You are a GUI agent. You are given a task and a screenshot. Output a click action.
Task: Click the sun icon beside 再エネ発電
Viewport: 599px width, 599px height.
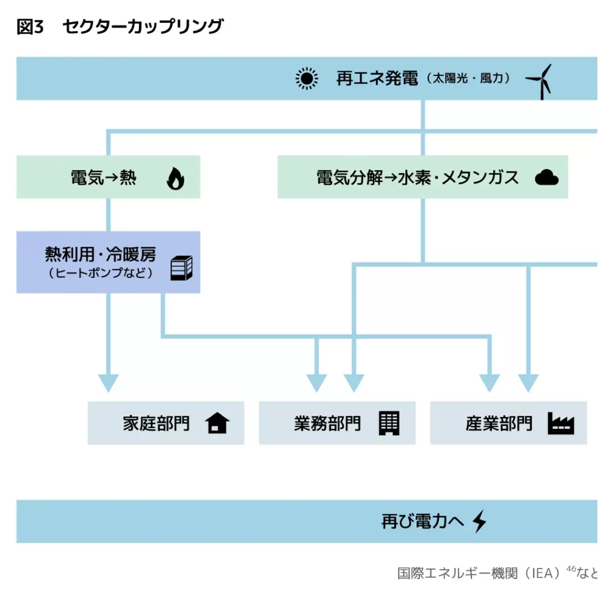(307, 78)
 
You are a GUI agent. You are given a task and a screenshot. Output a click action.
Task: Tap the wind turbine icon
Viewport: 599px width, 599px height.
(539, 81)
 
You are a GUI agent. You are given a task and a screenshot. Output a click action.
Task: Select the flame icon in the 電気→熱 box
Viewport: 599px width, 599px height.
(175, 178)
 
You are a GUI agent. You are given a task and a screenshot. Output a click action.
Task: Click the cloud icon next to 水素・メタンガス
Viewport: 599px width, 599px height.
(546, 177)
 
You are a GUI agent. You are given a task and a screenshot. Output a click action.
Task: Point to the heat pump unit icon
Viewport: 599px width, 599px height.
(181, 268)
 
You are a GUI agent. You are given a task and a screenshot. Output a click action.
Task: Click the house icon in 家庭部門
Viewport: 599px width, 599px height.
(218, 423)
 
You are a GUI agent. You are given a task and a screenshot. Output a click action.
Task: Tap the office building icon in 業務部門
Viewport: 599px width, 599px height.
(389, 423)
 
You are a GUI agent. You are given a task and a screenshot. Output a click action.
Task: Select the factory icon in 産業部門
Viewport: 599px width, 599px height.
(560, 424)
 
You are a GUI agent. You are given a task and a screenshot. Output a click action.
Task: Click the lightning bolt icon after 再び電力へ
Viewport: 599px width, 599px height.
(479, 521)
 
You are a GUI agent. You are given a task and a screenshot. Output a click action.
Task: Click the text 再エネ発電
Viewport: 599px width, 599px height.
(377, 78)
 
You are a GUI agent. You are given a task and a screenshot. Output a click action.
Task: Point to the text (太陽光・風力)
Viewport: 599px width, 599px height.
(468, 78)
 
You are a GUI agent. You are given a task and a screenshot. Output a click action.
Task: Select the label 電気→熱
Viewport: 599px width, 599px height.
(104, 178)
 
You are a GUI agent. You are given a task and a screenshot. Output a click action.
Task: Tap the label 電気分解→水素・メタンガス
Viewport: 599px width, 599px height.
(417, 178)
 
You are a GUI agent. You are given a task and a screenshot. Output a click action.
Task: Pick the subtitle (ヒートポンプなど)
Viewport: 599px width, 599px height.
(101, 273)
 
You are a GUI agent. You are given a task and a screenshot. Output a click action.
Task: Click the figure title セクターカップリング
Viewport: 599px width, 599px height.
(143, 27)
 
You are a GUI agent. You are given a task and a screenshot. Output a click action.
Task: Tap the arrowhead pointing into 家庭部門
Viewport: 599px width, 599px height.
(108, 383)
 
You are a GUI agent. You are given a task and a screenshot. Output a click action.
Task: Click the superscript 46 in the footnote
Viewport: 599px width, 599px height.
(571, 569)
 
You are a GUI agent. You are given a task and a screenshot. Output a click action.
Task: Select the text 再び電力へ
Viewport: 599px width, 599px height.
(422, 521)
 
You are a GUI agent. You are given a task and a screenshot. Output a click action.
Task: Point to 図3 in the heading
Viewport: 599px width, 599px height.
(30, 27)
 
